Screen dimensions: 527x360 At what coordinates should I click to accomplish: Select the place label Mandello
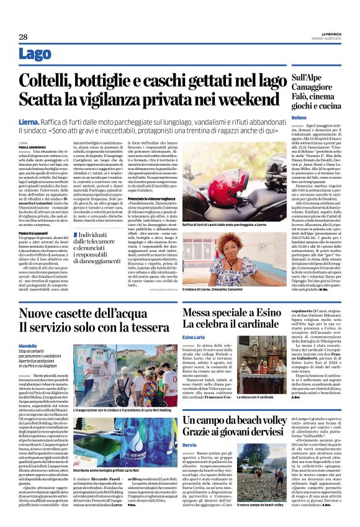coord(27,346)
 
